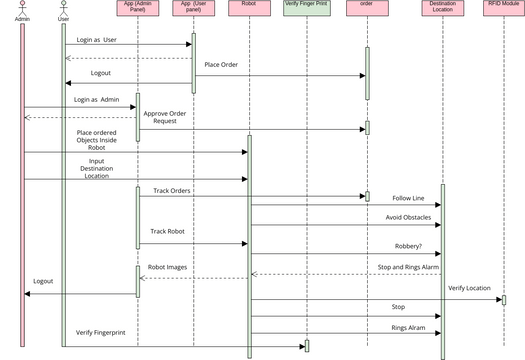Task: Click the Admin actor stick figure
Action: click(x=22, y=7)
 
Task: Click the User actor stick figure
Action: click(x=64, y=7)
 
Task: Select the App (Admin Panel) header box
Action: click(x=137, y=8)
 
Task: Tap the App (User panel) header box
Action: click(x=192, y=8)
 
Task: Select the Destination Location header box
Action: click(x=442, y=8)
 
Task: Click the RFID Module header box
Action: click(x=503, y=6)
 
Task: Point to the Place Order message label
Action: click(x=228, y=65)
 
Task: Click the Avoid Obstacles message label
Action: click(x=409, y=217)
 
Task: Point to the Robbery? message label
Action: click(x=408, y=245)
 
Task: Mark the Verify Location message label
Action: click(x=469, y=288)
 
